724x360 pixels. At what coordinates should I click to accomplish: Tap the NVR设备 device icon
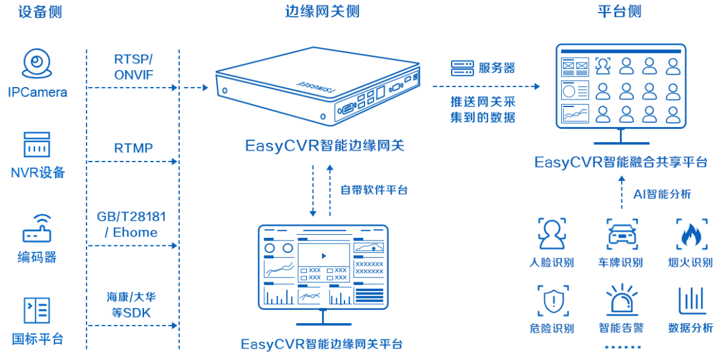[37, 145]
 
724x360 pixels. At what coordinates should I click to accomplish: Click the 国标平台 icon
[37, 311]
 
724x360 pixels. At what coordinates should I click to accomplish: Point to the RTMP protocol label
[133, 148]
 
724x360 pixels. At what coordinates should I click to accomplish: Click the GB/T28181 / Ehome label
[132, 224]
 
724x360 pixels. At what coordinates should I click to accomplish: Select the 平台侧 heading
[619, 12]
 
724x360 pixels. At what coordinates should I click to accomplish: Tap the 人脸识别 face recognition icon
[551, 234]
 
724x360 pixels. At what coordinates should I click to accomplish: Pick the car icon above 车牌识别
[622, 234]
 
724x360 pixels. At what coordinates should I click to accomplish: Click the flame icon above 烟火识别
[691, 234]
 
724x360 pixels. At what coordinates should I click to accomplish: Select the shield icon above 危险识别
[551, 301]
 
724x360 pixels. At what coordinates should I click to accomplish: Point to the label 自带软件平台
[374, 189]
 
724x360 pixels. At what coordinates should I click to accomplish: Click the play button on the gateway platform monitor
[323, 255]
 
